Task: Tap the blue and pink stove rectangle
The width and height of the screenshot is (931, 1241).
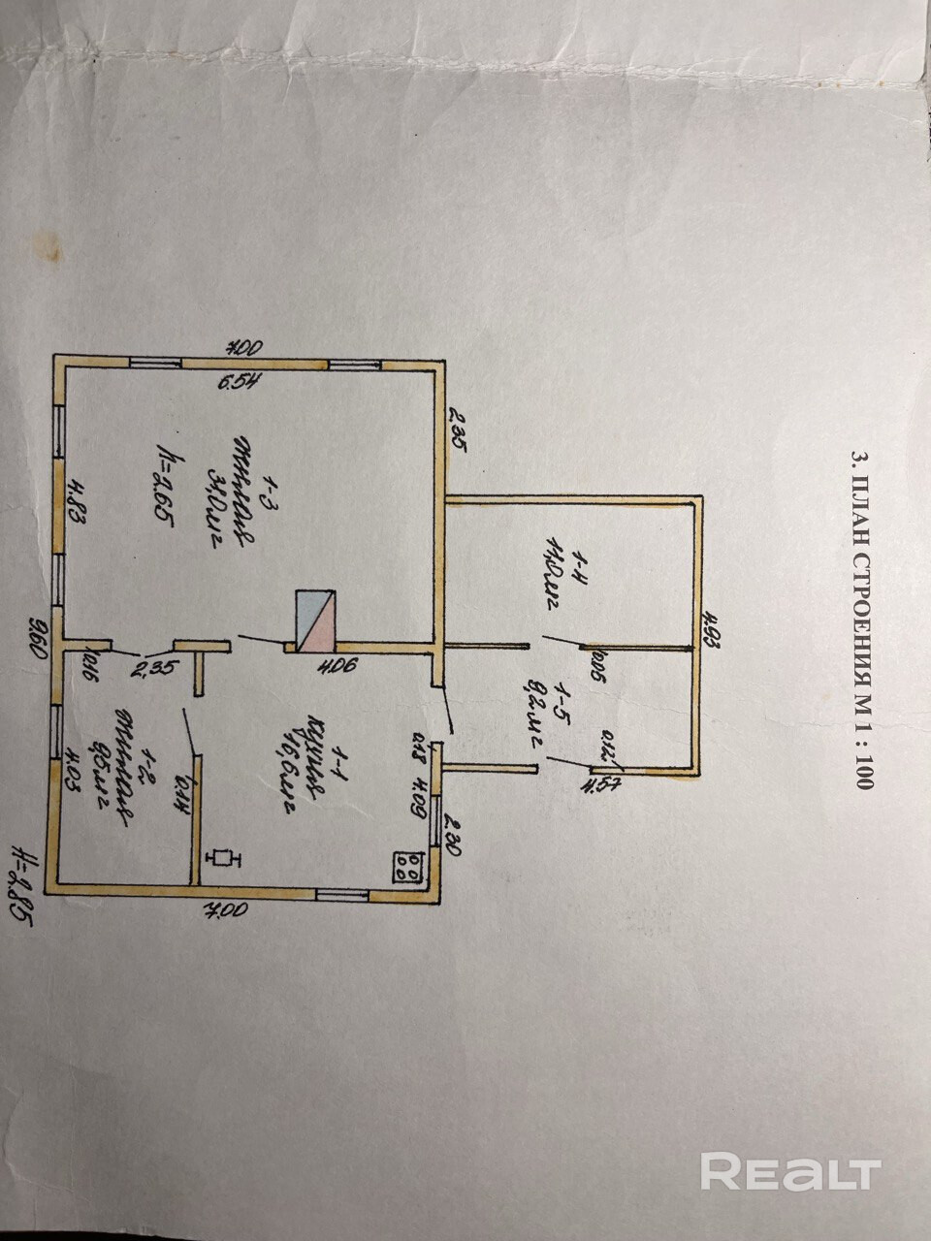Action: click(x=316, y=621)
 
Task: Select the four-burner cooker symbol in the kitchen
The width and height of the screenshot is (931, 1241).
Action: click(x=408, y=866)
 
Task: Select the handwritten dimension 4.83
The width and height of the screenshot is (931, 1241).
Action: click(x=79, y=504)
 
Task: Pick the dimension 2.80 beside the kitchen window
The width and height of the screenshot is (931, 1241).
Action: click(x=450, y=834)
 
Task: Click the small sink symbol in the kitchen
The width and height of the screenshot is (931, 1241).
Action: click(x=225, y=857)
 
